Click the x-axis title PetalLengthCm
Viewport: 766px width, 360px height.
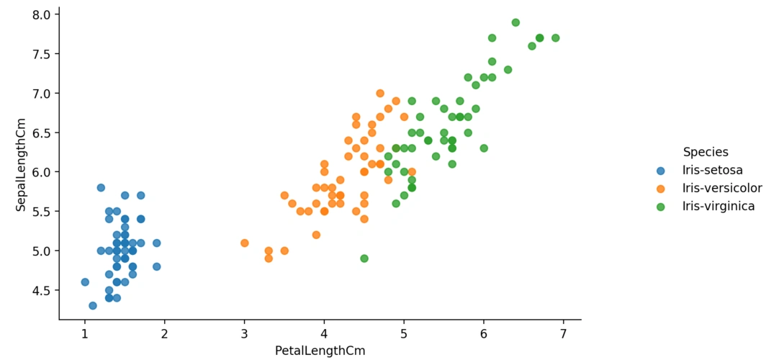coord(320,351)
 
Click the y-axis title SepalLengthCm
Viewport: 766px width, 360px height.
coord(21,165)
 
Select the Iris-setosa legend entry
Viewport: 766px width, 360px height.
coord(713,171)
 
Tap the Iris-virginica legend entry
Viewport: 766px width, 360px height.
coord(718,207)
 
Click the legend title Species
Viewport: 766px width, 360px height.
coord(706,152)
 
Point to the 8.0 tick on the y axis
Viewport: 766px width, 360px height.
coord(41,15)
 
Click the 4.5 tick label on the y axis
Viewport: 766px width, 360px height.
coord(41,291)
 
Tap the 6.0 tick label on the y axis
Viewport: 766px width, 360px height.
coord(41,173)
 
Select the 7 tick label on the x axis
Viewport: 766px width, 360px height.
coord(563,334)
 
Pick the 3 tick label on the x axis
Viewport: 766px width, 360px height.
coord(244,334)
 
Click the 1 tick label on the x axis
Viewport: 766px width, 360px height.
coord(85,334)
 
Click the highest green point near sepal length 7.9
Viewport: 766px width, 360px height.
coord(515,22)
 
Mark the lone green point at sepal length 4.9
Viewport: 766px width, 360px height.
coord(364,258)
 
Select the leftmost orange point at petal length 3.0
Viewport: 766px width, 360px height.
coord(245,243)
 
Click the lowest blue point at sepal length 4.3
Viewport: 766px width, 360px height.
coord(93,306)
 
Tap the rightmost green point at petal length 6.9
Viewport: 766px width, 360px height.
coord(555,38)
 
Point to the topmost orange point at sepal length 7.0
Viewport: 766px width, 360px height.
coord(380,94)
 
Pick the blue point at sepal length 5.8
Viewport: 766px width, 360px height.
coord(101,188)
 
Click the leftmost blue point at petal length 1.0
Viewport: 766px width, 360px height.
coord(85,282)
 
